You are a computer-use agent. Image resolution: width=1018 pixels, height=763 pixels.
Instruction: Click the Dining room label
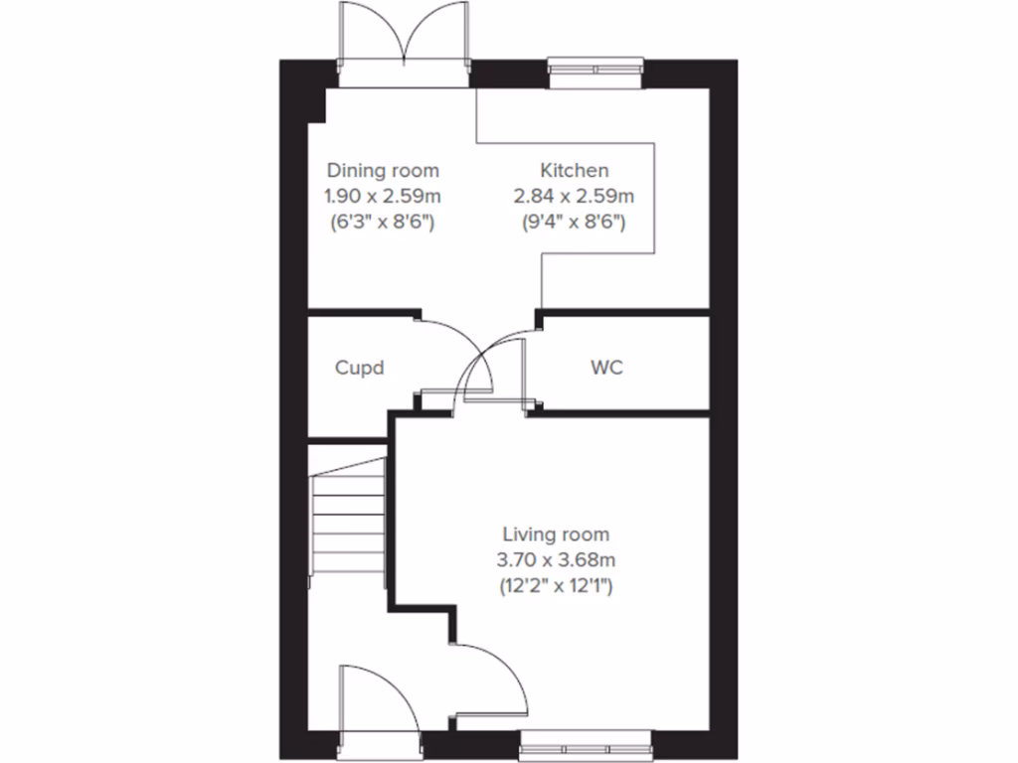coord(383,171)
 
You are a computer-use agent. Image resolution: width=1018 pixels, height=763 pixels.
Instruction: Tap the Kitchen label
coord(574,171)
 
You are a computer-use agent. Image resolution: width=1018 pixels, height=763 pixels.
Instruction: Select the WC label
coord(606,368)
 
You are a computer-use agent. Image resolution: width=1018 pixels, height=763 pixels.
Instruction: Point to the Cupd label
coord(358,368)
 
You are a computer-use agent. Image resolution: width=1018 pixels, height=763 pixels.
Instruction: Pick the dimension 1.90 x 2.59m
coord(383,196)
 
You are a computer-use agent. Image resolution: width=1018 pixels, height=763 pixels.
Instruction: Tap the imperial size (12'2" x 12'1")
coord(556,586)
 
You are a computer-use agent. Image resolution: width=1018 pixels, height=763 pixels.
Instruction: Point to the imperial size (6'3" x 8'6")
coord(383,222)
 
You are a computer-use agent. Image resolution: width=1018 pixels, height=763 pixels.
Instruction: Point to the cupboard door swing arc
coord(457,343)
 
